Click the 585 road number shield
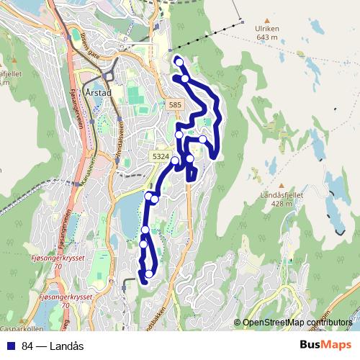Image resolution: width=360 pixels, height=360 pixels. (175, 106)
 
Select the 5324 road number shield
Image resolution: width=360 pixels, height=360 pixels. (161, 156)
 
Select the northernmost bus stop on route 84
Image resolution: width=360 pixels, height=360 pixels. (178, 63)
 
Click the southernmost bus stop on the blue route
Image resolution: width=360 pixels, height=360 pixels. (149, 274)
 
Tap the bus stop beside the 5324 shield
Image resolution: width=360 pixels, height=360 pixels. (175, 161)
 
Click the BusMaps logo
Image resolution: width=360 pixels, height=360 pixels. (325, 346)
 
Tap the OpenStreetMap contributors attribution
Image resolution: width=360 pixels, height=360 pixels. (297, 323)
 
